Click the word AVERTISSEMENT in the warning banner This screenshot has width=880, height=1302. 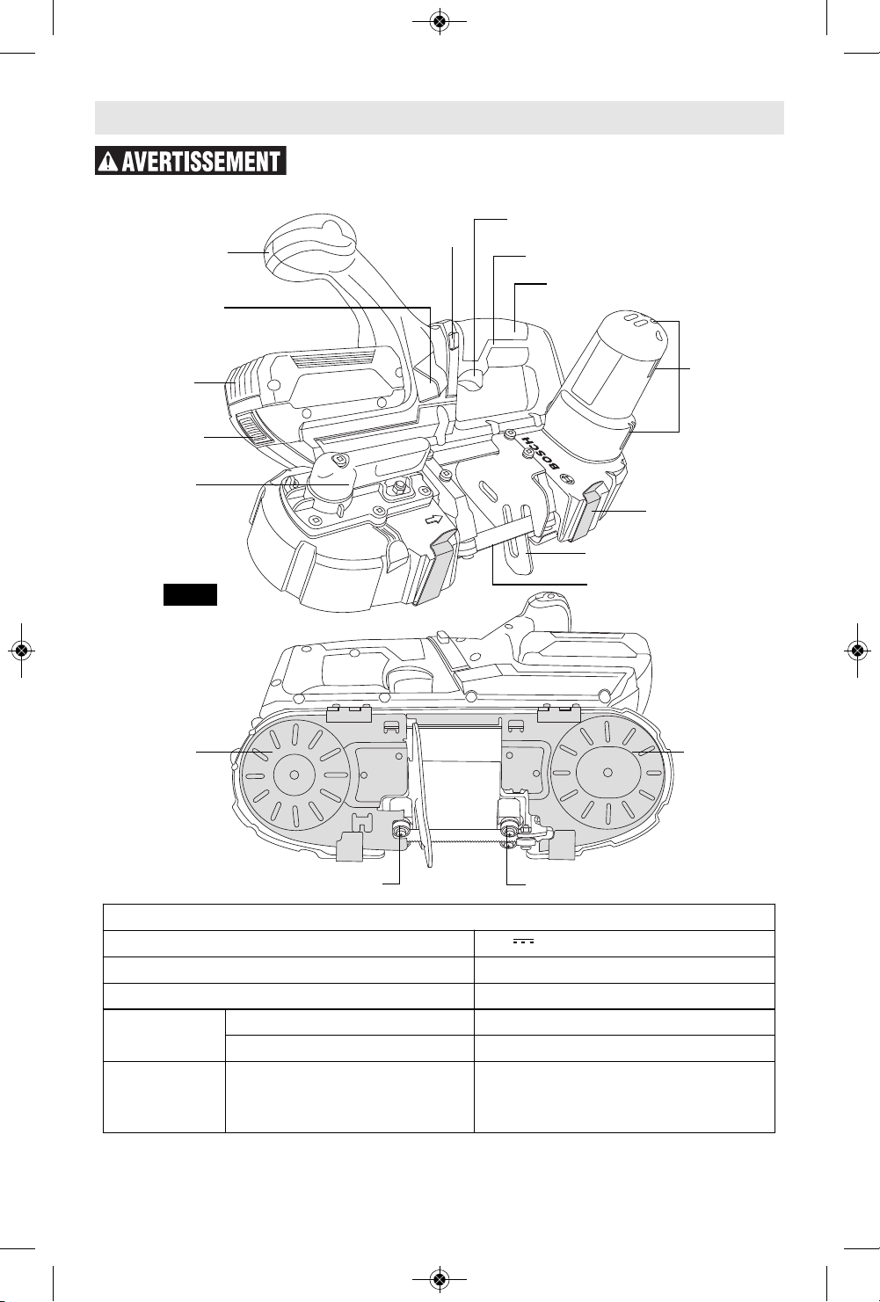pos(201,162)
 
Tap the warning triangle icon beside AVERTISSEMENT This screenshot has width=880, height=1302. pos(108,162)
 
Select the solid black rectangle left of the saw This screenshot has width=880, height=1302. pos(190,594)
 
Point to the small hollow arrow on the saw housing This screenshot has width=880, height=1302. pos(433,519)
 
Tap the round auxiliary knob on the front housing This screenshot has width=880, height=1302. pos(330,480)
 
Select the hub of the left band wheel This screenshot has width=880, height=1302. pos(295,775)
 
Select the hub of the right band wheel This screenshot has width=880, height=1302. pos(608,773)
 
